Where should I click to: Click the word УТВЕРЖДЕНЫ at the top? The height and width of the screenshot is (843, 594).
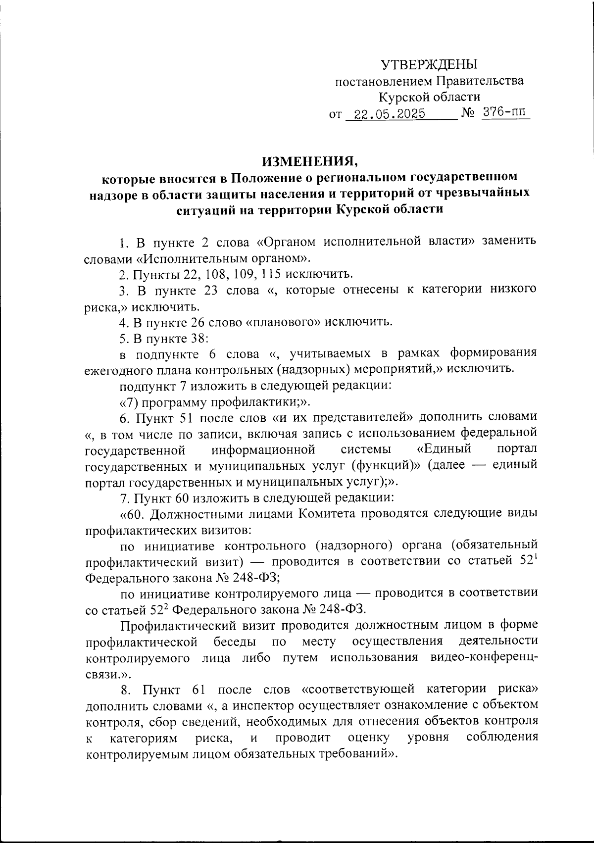(x=429, y=64)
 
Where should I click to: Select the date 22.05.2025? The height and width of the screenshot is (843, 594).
(x=386, y=114)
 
